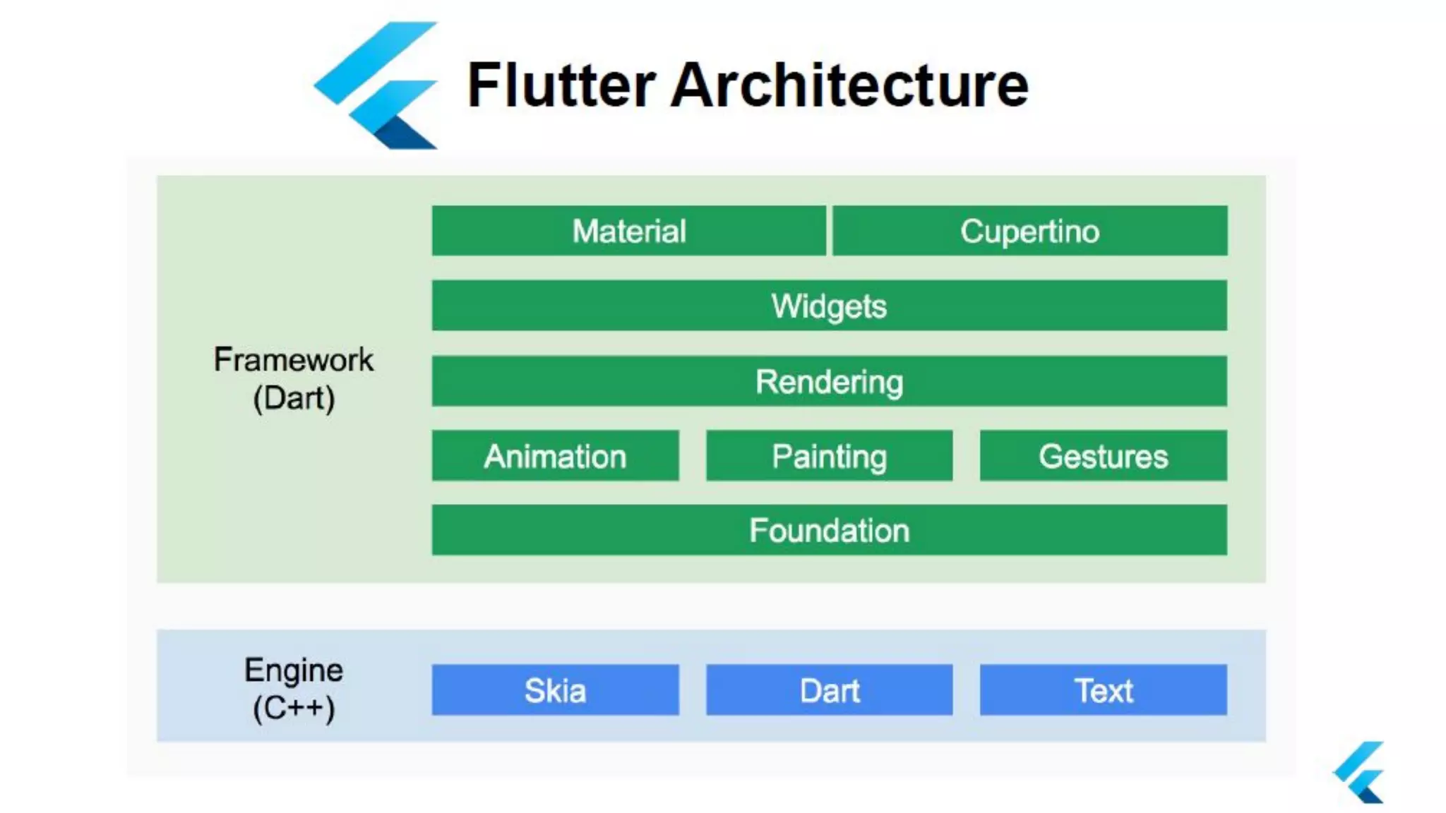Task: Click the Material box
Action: point(628,231)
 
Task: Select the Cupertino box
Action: point(1029,231)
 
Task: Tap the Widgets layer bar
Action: point(829,306)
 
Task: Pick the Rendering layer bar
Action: point(829,381)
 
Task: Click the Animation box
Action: point(555,456)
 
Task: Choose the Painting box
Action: point(829,456)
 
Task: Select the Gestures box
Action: point(1103,456)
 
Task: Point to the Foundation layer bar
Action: point(829,530)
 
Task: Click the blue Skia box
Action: point(555,689)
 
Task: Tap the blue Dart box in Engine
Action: point(829,689)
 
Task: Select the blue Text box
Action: point(1103,689)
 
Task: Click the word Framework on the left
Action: point(293,360)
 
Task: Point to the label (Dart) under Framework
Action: point(294,398)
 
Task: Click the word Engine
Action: point(293,670)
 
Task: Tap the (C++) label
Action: point(294,708)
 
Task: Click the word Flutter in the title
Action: point(561,85)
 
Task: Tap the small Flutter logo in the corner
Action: point(1360,772)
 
